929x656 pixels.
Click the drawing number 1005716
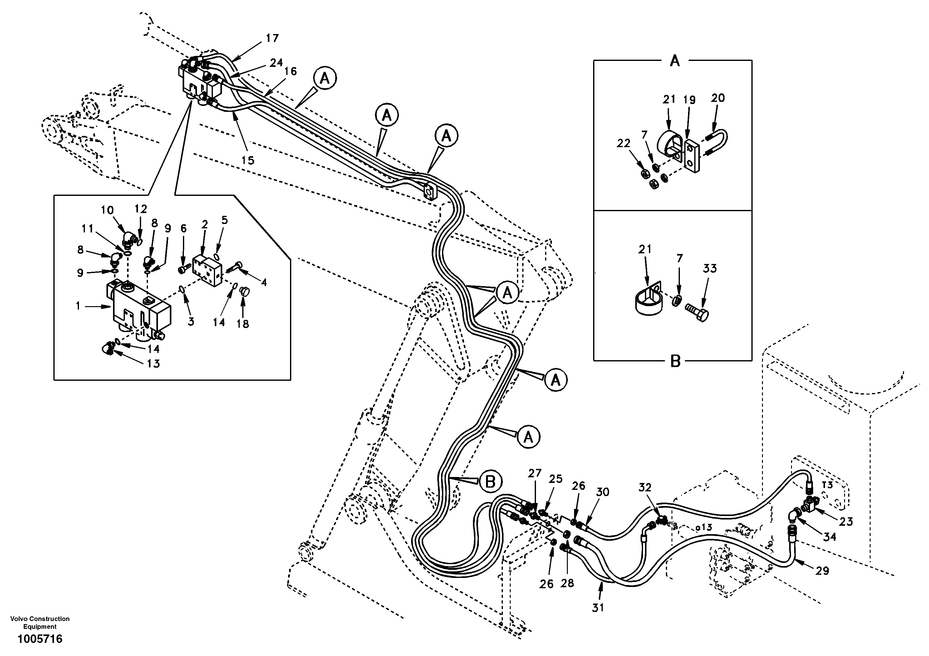coord(40,639)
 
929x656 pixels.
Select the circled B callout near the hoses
coord(490,482)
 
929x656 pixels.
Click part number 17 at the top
coord(272,38)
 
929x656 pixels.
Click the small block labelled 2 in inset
coord(208,270)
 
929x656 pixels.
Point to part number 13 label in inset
coord(153,364)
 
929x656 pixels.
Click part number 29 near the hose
coord(822,571)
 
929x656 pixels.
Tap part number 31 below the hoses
coord(598,607)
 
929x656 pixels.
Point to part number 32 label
coord(645,488)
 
